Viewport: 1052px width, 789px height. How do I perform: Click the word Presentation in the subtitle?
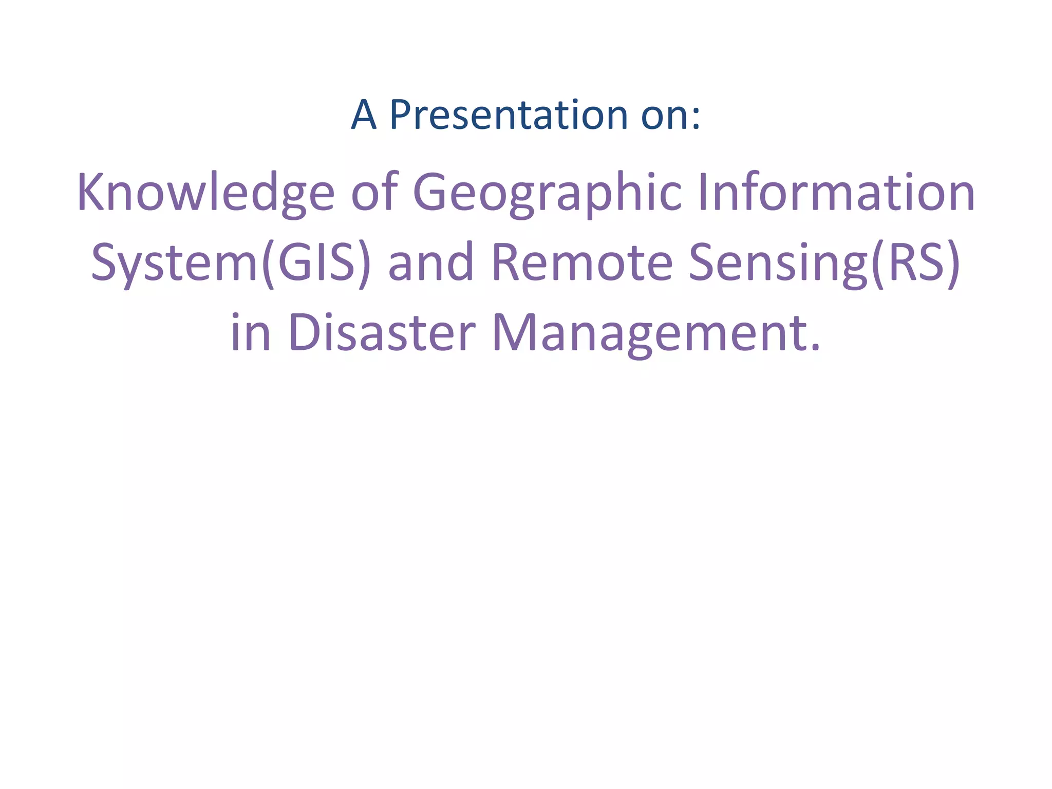point(509,115)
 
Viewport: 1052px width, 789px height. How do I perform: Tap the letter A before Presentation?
point(364,115)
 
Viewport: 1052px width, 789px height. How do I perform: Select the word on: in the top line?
point(671,116)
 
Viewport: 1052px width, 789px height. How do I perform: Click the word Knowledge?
point(205,193)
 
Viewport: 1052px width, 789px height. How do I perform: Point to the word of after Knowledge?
point(374,192)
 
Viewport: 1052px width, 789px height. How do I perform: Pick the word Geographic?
point(548,193)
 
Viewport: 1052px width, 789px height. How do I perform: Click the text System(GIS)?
point(231,263)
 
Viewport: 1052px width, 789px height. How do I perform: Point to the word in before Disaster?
point(251,333)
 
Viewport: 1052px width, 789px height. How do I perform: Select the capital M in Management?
point(514,333)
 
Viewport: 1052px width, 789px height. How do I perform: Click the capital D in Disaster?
point(304,333)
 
